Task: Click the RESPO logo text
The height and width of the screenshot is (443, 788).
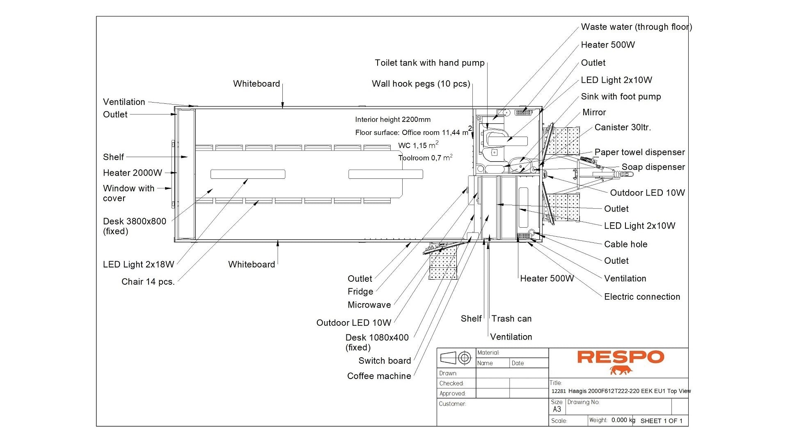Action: click(x=620, y=357)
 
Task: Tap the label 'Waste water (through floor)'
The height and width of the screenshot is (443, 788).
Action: click(x=636, y=27)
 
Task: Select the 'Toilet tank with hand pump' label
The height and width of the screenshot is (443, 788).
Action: click(x=429, y=63)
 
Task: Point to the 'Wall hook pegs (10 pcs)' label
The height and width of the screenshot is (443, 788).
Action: click(x=421, y=84)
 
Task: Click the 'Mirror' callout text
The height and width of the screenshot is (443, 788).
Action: click(x=594, y=112)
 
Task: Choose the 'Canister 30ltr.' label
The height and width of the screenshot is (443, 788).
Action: click(x=623, y=128)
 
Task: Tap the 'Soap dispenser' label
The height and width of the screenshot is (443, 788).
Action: click(x=653, y=167)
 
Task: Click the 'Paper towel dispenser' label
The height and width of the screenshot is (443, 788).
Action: click(x=639, y=152)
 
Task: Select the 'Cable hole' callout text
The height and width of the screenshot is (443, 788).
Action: click(x=625, y=244)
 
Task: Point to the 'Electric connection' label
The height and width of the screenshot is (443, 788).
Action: click(x=642, y=297)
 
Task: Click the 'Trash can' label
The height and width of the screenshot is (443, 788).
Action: click(x=511, y=319)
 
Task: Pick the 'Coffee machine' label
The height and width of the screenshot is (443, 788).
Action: click(x=379, y=376)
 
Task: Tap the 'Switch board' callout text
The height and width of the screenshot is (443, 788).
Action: click(x=385, y=361)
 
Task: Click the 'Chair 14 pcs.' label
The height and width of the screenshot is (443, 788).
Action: click(x=148, y=282)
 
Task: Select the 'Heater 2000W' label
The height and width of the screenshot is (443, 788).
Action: click(x=132, y=173)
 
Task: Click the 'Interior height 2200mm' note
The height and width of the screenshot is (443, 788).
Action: click(x=393, y=120)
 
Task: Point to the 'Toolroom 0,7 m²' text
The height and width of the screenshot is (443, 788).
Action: click(x=425, y=158)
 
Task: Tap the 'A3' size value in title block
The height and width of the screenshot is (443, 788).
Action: click(x=557, y=409)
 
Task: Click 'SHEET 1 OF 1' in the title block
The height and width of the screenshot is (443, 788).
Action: click(x=661, y=421)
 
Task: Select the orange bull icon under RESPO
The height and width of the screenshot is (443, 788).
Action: click(x=621, y=370)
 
